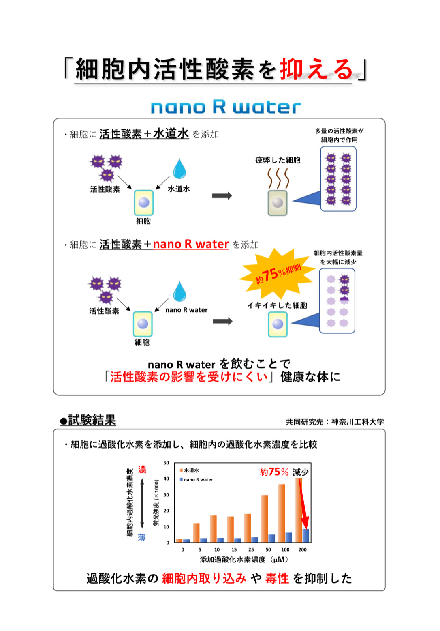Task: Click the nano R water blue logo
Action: click(226, 107)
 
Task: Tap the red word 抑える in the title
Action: click(317, 69)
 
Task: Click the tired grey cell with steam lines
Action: click(278, 202)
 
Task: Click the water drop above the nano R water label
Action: click(179, 291)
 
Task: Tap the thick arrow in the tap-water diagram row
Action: click(222, 196)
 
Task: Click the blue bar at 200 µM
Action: click(306, 535)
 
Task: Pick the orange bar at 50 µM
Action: click(265, 518)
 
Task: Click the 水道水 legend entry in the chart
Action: click(190, 470)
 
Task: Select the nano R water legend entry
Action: click(196, 479)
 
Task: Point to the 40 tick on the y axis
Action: click(166, 479)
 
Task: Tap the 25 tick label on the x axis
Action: click(251, 549)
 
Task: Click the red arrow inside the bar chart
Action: click(303, 503)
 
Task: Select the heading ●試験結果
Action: click(88, 420)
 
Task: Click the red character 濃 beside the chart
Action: click(142, 469)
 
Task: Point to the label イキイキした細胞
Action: click(277, 305)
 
